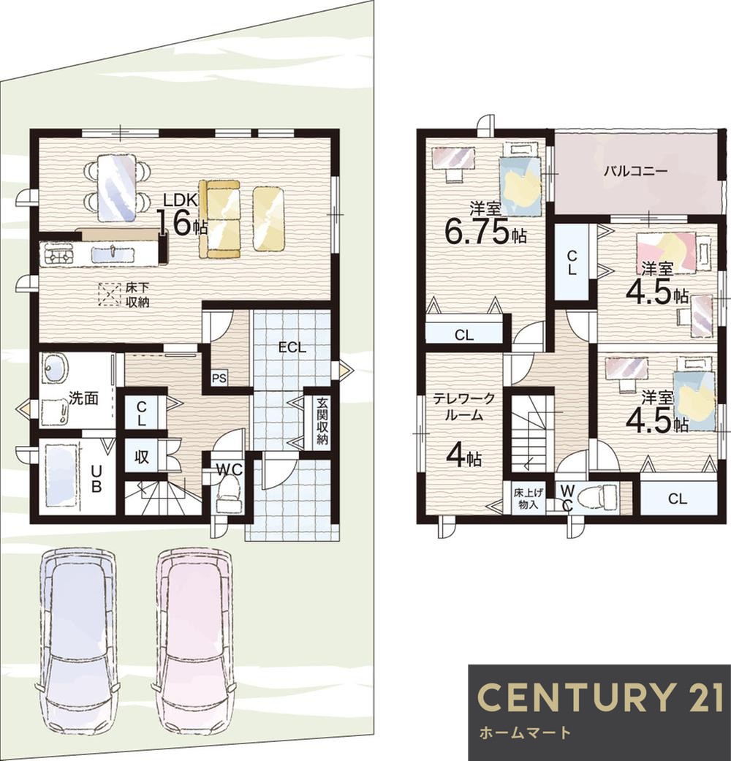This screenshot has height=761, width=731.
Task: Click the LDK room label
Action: click(x=180, y=200)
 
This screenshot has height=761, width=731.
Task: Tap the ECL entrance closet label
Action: click(x=292, y=347)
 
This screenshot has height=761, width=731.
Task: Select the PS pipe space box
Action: click(x=219, y=378)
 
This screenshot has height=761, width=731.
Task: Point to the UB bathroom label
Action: click(x=96, y=479)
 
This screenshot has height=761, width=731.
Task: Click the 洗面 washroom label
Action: click(x=83, y=398)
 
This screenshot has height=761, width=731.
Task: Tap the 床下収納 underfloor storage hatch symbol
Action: click(x=109, y=295)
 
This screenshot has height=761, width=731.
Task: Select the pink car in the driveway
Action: click(x=194, y=638)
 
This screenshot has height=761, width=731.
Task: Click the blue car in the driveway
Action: click(x=77, y=638)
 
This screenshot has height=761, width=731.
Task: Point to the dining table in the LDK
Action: click(x=116, y=187)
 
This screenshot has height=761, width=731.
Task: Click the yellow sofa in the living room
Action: click(x=219, y=219)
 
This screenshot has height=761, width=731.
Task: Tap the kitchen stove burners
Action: click(x=57, y=254)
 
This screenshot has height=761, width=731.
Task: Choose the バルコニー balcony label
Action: click(x=635, y=171)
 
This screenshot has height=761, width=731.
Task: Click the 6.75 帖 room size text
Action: click(x=485, y=232)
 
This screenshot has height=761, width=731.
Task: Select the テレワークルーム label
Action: click(x=463, y=407)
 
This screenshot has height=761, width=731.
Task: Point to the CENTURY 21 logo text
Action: click(x=600, y=697)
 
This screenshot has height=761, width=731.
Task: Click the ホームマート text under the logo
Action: click(x=525, y=732)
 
